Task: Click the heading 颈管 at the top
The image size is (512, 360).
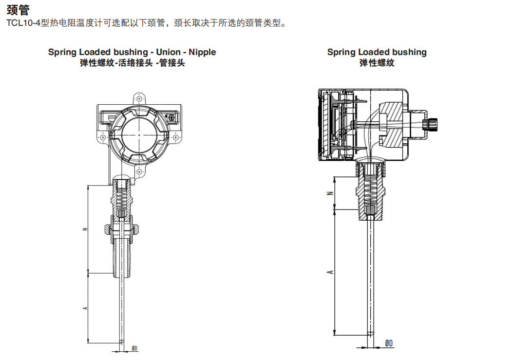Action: click(18, 9)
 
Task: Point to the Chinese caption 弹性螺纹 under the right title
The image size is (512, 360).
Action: click(377, 63)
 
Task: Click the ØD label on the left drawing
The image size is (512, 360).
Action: click(134, 348)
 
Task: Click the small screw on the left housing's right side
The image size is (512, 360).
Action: click(171, 117)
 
